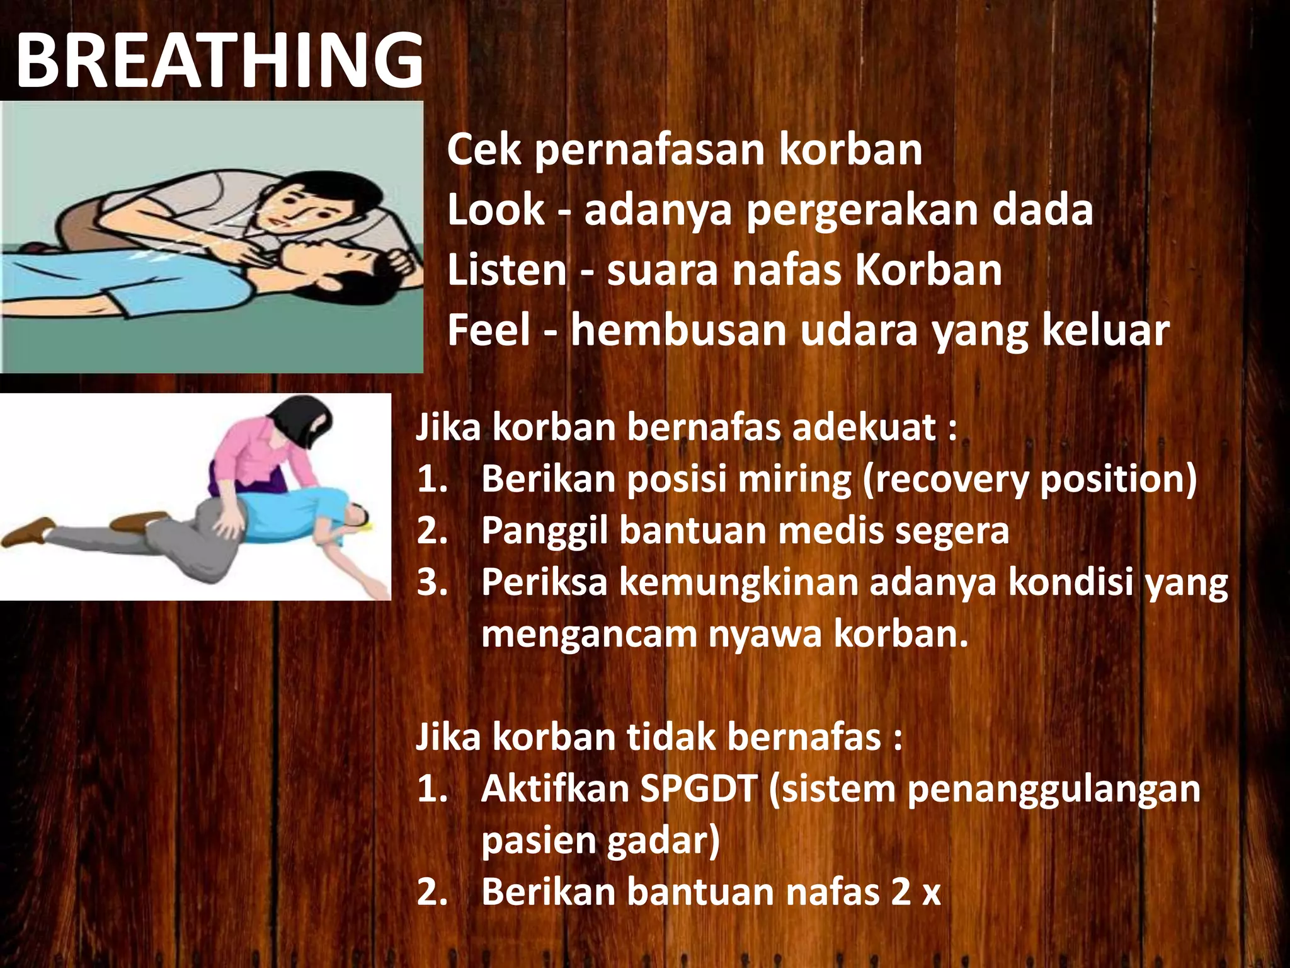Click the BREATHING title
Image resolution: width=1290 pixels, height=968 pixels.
219,60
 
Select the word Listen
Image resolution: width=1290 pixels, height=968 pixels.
507,270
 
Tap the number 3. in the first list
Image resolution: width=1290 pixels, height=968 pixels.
432,582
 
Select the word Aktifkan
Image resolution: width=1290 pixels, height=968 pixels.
554,789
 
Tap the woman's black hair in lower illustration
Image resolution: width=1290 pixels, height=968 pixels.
301,418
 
